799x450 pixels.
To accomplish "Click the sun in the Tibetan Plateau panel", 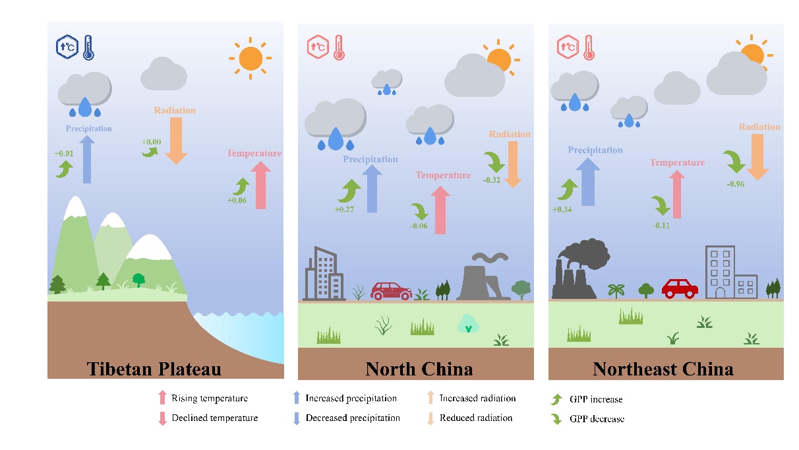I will pyautogui.click(x=251, y=59).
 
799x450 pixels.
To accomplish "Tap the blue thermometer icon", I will pyautogui.click(x=88, y=48).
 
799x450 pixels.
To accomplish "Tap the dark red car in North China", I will pyautogui.click(x=392, y=290).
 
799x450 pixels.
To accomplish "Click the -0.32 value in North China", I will pyautogui.click(x=492, y=179).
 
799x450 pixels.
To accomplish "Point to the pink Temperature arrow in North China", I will pyautogui.click(x=440, y=210).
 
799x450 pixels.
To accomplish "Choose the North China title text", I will pyautogui.click(x=419, y=368).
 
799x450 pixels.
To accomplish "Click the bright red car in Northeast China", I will pyautogui.click(x=680, y=288).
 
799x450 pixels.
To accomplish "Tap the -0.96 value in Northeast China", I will pyautogui.click(x=735, y=184).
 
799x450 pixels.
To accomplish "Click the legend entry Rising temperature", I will pyautogui.click(x=209, y=399).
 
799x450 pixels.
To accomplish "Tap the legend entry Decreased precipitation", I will pyautogui.click(x=352, y=418).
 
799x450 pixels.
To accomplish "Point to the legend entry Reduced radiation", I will pyautogui.click(x=475, y=418).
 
